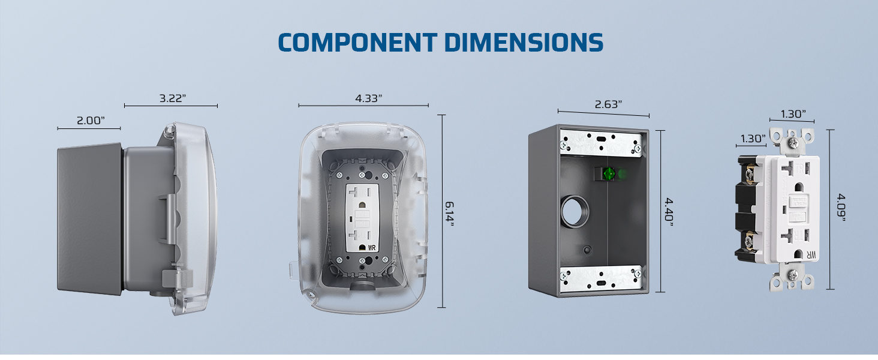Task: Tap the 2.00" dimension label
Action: click(91, 120)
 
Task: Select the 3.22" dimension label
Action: click(173, 98)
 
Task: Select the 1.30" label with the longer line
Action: click(793, 113)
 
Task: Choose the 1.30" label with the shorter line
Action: click(751, 139)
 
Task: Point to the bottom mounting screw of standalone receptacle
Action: click(792, 274)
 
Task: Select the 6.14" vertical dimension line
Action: click(442, 211)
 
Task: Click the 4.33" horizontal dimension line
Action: click(363, 106)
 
